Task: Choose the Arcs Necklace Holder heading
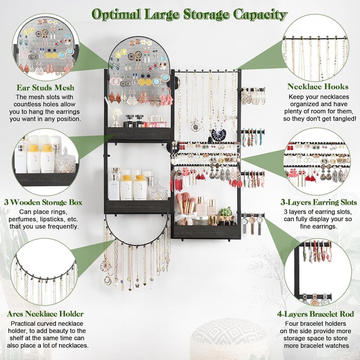coord(45,314)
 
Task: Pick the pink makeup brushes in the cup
coord(185,205)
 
